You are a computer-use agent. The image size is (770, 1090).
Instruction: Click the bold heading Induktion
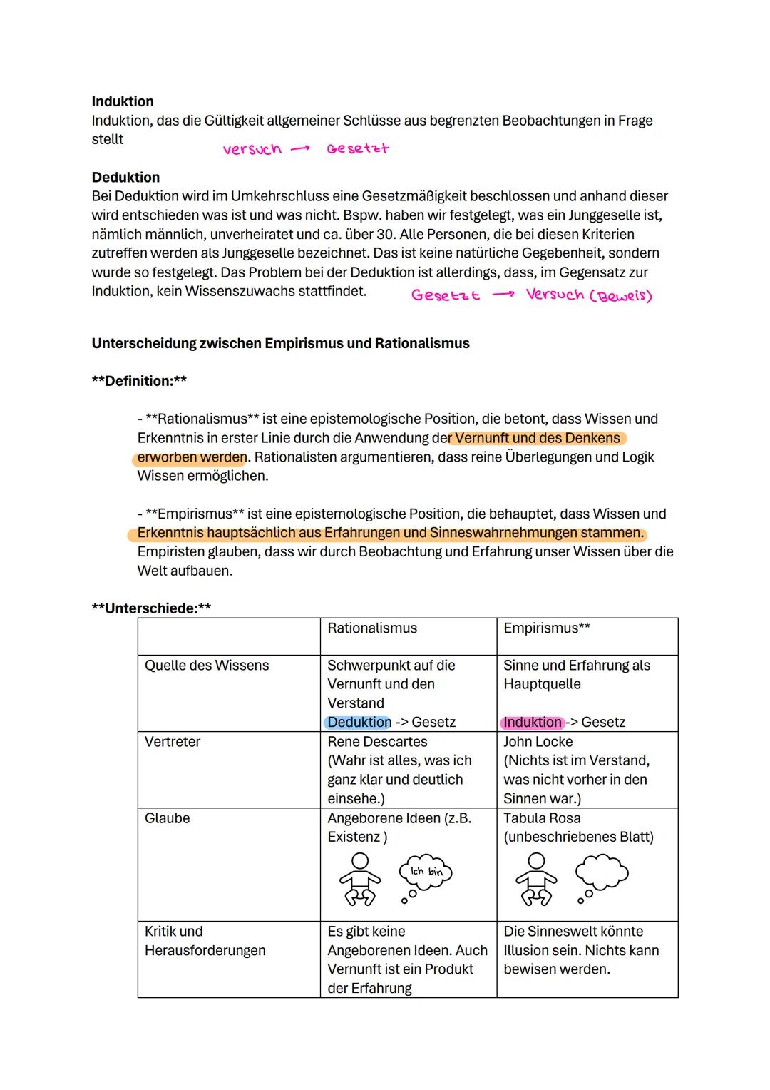click(123, 101)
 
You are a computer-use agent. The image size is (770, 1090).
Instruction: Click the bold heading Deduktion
click(125, 177)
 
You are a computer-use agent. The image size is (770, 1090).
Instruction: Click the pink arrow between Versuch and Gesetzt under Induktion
click(300, 149)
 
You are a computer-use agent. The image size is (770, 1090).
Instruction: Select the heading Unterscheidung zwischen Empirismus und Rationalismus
click(280, 343)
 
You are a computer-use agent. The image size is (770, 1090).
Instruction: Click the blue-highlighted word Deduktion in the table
click(359, 723)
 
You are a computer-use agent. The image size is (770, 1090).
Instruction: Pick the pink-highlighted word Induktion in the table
click(533, 723)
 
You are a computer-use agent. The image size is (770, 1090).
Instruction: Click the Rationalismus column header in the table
click(372, 628)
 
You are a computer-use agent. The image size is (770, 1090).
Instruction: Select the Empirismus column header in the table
click(542, 628)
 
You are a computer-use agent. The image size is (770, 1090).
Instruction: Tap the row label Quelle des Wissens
click(207, 666)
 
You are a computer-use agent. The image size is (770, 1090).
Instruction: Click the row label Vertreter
click(173, 742)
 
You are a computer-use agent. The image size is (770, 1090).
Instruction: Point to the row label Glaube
click(168, 818)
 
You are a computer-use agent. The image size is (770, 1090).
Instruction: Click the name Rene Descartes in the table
click(377, 742)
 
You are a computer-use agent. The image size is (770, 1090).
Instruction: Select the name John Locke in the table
click(538, 742)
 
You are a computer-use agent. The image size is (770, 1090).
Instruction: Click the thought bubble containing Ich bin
click(426, 872)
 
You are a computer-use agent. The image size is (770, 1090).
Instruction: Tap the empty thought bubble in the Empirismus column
click(602, 872)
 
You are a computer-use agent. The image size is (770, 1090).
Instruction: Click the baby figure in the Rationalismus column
click(360, 879)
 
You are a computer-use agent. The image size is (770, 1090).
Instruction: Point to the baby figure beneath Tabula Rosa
click(536, 879)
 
